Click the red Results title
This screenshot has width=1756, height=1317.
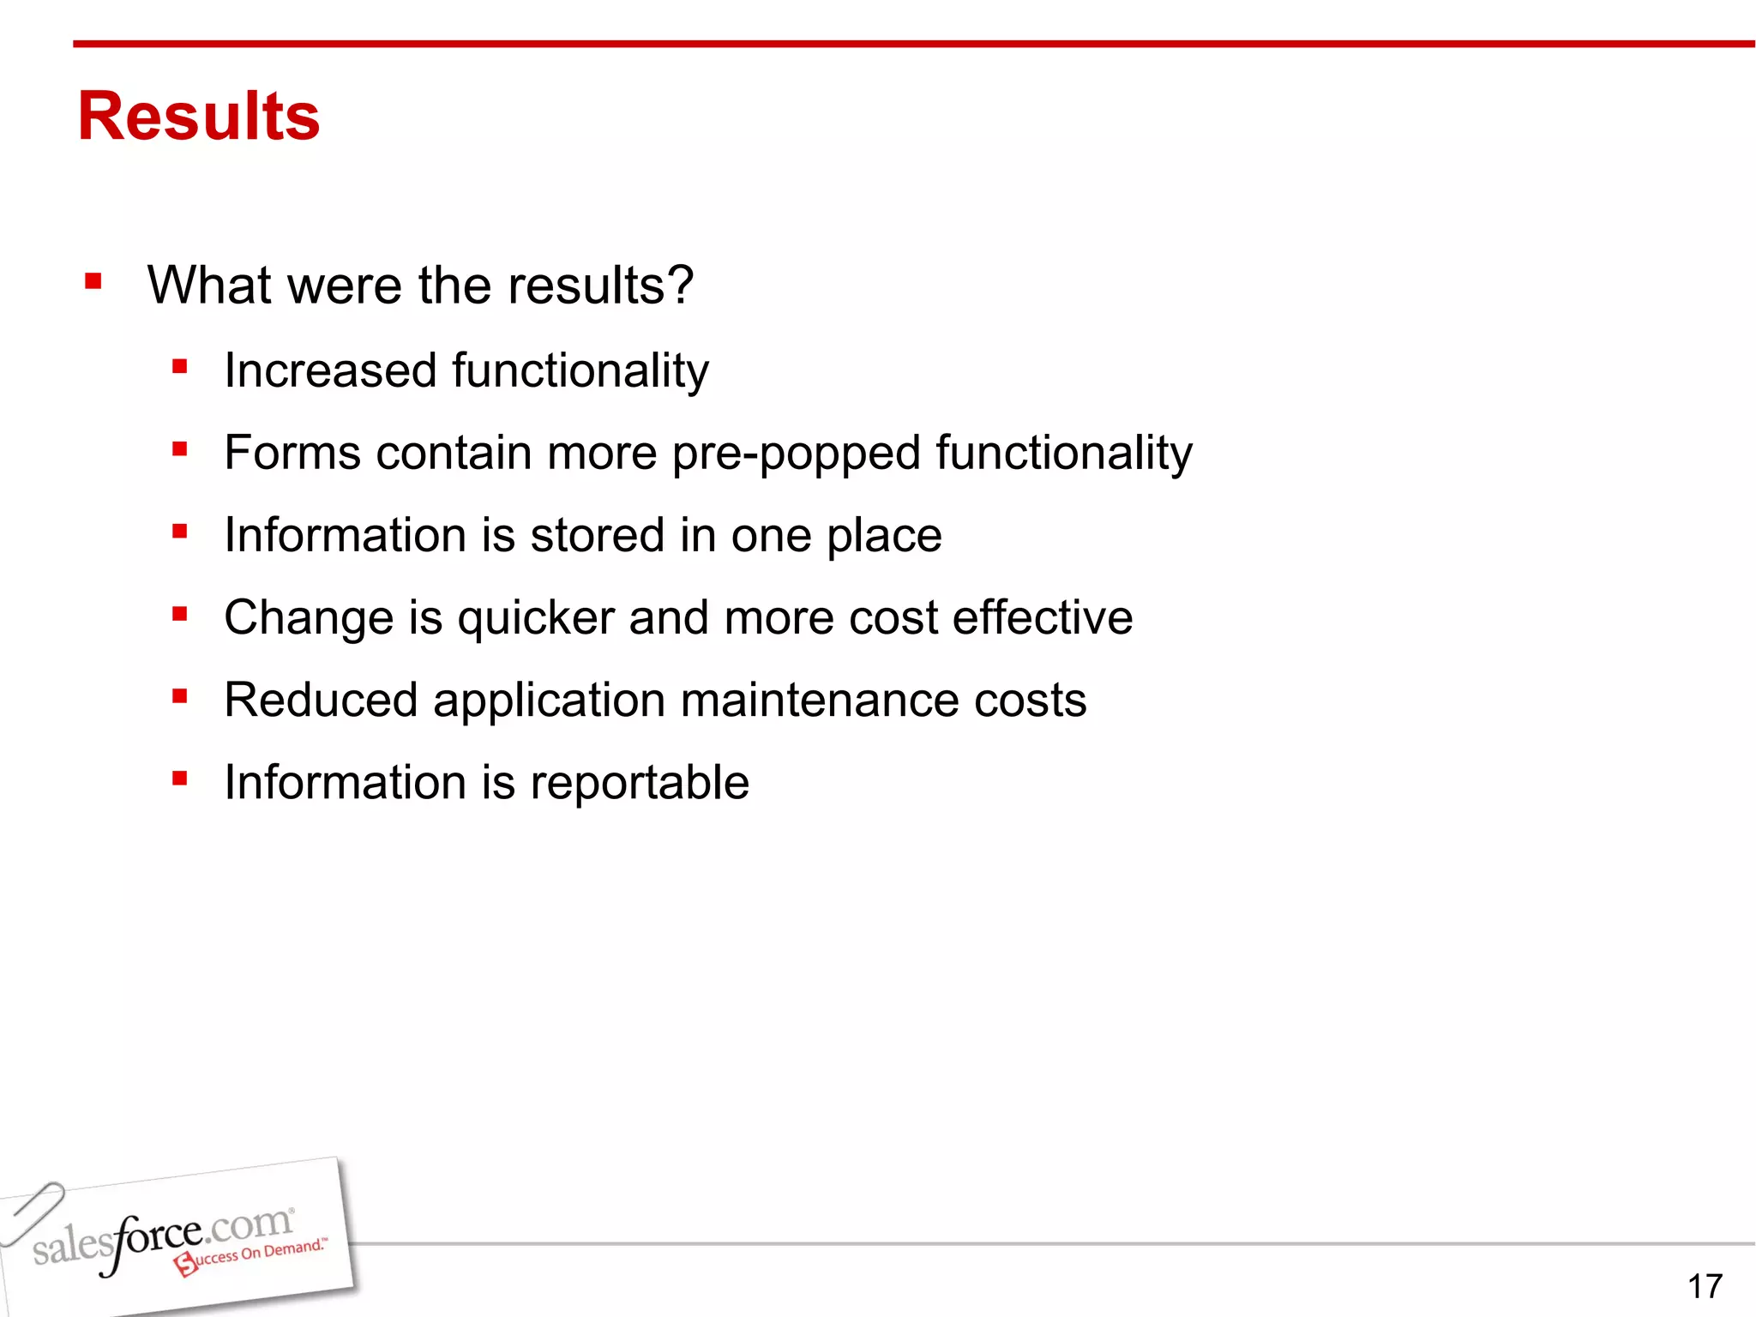[198, 117]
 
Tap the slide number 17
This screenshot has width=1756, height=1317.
[1705, 1286]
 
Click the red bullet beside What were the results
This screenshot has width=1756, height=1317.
[93, 282]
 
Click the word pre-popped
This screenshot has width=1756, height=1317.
[795, 454]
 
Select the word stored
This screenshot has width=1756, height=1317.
[598, 535]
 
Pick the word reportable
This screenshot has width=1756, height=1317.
[640, 783]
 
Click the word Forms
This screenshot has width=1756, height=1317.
[292, 453]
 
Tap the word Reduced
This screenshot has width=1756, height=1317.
[321, 700]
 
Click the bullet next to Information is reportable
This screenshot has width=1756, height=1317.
[179, 779]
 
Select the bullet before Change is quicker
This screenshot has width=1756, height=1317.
[179, 614]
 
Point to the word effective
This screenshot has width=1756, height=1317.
[1042, 617]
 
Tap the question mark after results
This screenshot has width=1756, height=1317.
[679, 285]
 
